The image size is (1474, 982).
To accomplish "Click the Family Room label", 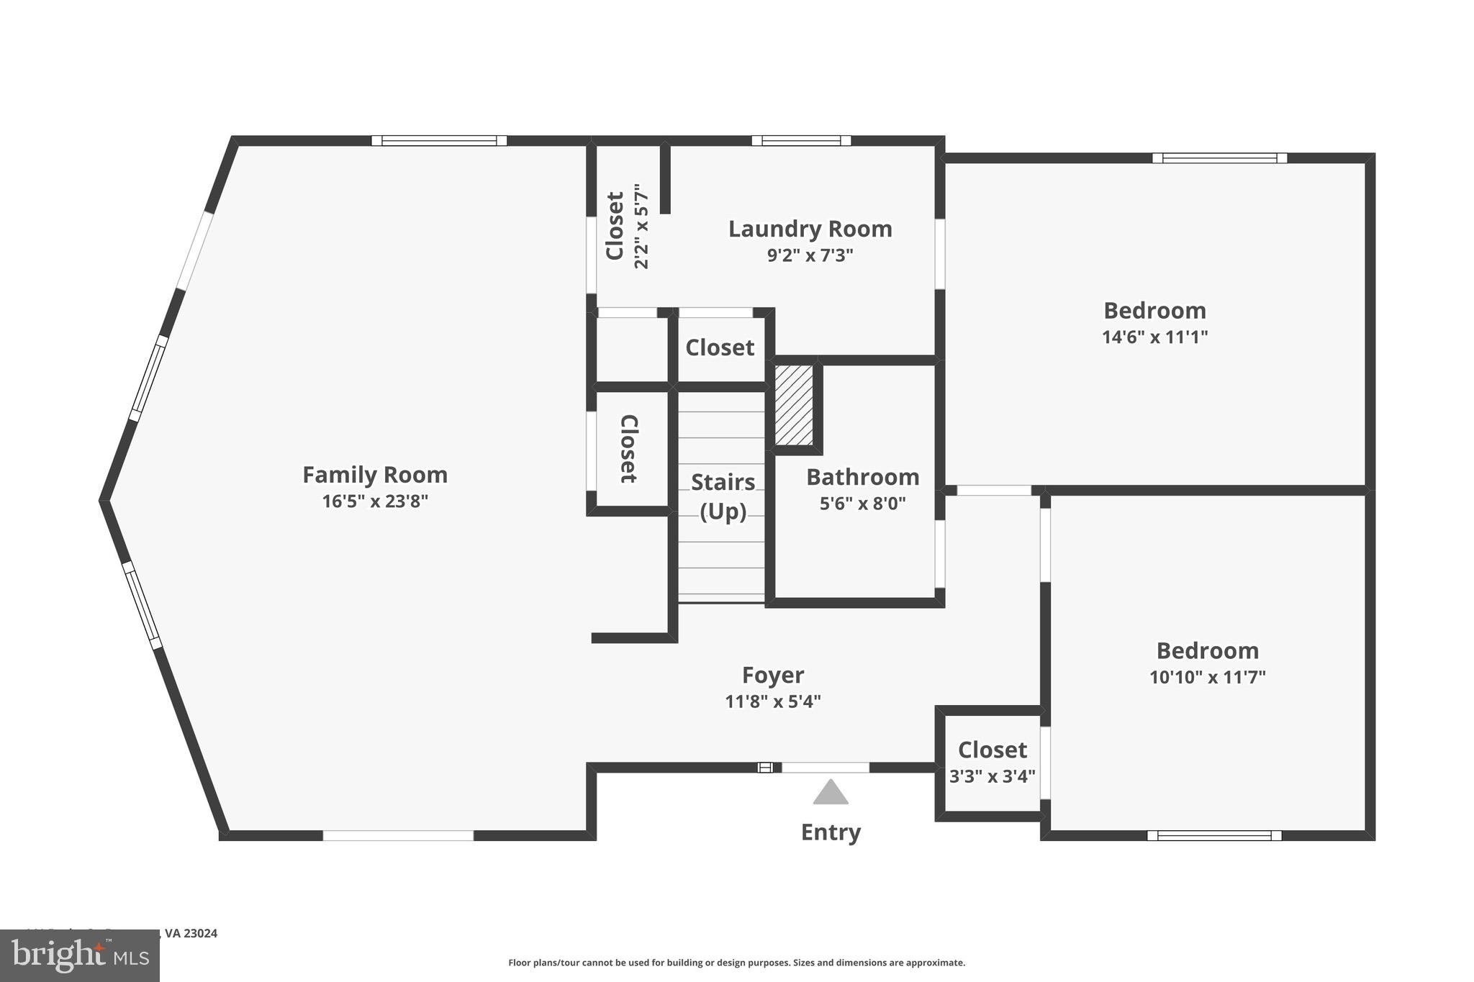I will (374, 475).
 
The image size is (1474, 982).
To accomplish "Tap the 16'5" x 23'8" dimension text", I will (374, 501).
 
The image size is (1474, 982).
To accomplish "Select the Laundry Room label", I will (810, 229).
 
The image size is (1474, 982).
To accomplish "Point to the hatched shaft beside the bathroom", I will (794, 405).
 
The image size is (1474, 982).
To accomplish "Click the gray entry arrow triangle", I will (831, 792).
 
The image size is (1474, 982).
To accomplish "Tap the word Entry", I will (831, 832).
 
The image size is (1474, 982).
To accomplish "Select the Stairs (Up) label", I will (723, 496).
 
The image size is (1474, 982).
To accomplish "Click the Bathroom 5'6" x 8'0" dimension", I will (862, 503).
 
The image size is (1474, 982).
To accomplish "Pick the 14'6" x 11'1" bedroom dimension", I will (1154, 337).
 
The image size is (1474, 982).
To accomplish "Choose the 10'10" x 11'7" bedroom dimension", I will (1207, 677).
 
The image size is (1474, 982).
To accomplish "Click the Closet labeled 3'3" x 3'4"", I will (992, 750).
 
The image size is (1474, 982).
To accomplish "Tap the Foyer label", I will (772, 675).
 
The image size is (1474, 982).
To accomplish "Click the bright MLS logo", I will (79, 956).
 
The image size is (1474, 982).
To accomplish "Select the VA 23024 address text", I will (191, 933).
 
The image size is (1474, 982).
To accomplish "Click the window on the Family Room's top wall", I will (439, 141).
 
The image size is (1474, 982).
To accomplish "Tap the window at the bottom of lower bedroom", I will (1214, 835).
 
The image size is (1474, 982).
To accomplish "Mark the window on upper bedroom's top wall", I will (1219, 158).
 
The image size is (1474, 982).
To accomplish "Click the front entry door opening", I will (825, 768).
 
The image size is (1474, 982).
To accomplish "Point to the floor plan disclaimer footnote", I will (736, 963).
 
